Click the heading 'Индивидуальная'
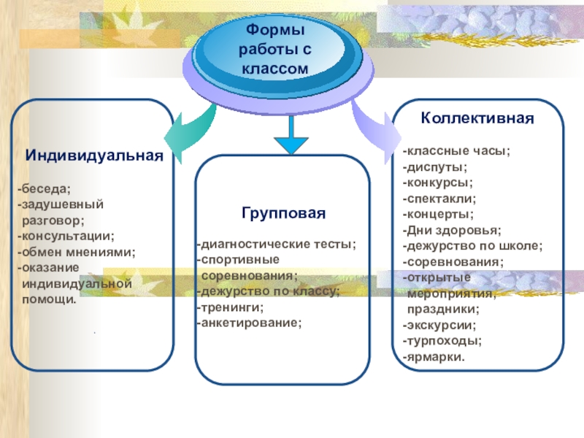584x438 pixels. point(93,156)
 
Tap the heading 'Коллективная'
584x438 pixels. point(477,117)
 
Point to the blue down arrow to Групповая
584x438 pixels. point(291,137)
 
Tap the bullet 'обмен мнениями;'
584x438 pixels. point(77,251)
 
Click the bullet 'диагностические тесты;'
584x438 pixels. point(277,244)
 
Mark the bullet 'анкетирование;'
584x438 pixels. point(248,321)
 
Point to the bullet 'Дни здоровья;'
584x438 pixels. point(452,229)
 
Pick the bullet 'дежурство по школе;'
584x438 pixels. point(472,245)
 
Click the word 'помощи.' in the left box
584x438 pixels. point(50,299)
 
